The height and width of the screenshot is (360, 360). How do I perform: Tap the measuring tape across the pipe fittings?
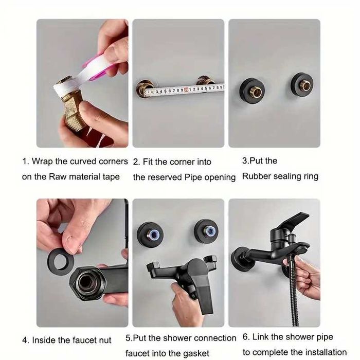(184, 89)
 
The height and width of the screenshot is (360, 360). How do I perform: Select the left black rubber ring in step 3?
(252, 91)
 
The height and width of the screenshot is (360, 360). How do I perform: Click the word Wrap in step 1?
(42, 161)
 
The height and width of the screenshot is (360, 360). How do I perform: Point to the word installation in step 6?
(325, 352)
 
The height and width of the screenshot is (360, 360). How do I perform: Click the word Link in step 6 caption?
(260, 337)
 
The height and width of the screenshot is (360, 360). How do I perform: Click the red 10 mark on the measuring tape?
(186, 89)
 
